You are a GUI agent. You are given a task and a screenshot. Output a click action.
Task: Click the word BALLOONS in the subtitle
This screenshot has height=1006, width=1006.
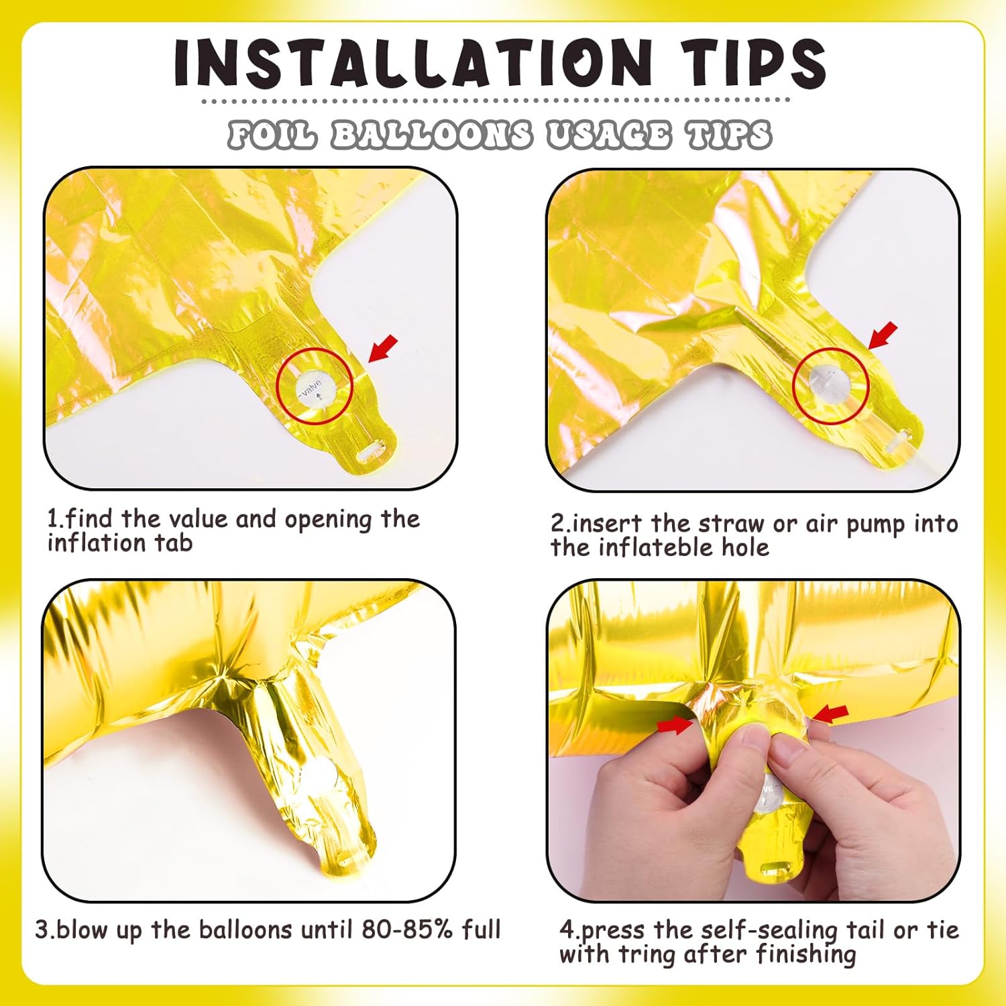pos(432,135)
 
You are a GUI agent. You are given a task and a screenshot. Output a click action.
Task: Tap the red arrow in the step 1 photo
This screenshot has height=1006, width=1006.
pos(383,349)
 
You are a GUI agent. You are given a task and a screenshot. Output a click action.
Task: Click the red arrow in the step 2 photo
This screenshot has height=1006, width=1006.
pos(883,335)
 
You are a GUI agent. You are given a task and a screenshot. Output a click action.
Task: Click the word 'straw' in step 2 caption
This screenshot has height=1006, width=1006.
pos(726,524)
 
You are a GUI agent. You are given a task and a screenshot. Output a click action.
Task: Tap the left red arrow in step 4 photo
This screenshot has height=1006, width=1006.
pos(675,725)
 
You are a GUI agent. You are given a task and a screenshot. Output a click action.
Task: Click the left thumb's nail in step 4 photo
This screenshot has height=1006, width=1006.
pos(754,739)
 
